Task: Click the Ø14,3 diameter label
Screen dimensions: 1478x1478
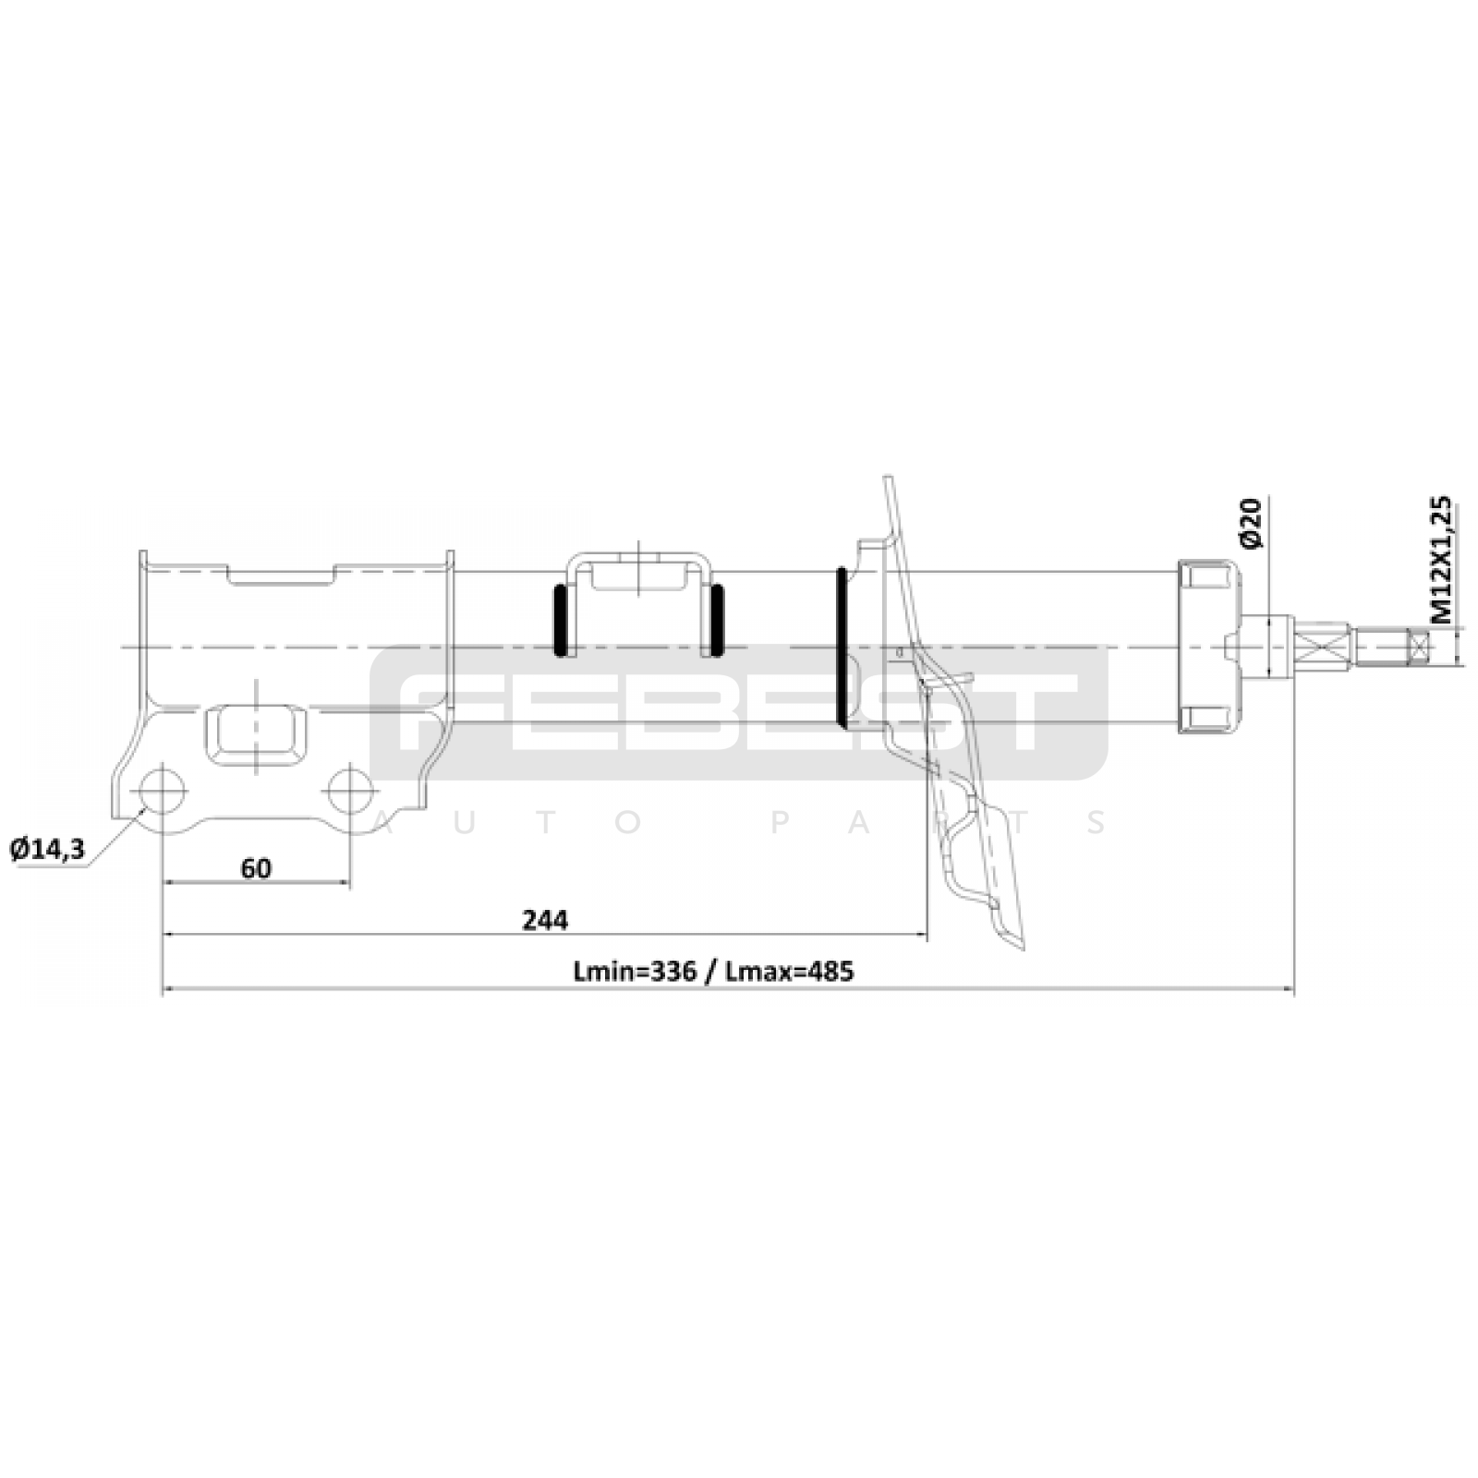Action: [x=47, y=849]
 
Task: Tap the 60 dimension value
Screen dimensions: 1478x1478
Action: [x=256, y=868]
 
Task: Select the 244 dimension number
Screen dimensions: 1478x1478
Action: [x=545, y=920]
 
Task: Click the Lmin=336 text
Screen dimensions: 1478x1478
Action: [x=634, y=972]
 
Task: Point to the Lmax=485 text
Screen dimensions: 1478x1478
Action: [x=791, y=972]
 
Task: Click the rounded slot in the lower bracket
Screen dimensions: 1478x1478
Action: [x=257, y=735]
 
